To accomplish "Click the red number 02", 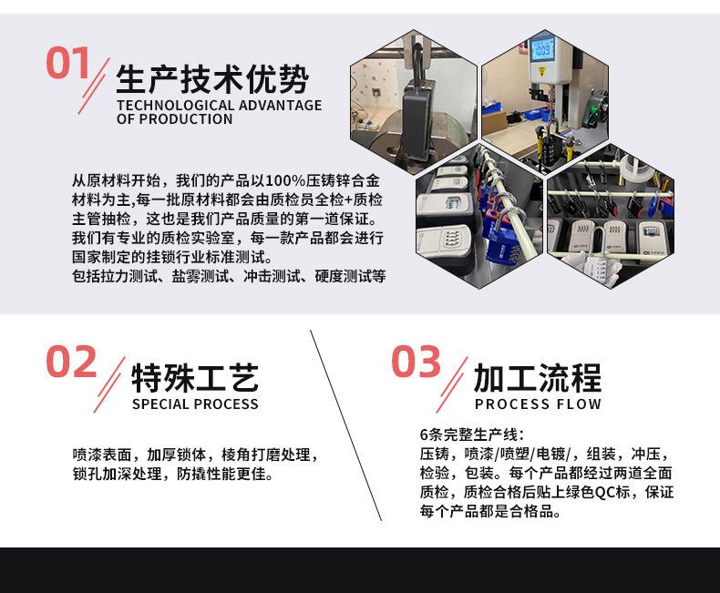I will coord(71,363).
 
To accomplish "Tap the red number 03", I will coord(416,363).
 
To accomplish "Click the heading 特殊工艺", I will coord(195,377).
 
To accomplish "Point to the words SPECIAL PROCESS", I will coord(195,404).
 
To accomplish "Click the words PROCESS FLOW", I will coord(538,404).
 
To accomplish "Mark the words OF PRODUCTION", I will coord(174,119).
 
